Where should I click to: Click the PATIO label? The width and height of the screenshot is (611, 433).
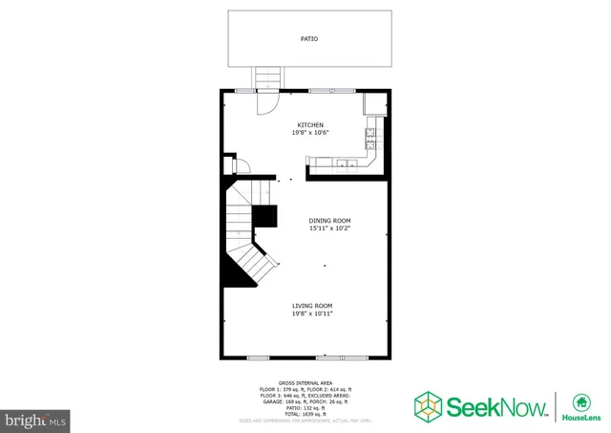point(309,39)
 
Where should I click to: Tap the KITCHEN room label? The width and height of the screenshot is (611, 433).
point(310,125)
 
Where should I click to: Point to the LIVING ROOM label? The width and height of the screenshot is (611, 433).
point(312,306)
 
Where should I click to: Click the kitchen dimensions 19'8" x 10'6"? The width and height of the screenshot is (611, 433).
point(310,134)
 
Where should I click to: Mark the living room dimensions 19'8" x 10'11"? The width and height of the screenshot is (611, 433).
point(312,314)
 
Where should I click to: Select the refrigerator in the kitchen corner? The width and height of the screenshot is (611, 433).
point(374,103)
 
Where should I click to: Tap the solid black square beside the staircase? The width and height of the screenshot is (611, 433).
point(266,216)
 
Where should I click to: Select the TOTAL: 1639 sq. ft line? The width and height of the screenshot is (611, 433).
point(305,414)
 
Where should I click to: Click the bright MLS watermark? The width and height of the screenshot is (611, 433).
point(36,419)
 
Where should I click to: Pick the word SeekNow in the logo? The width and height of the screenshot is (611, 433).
point(497,405)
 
